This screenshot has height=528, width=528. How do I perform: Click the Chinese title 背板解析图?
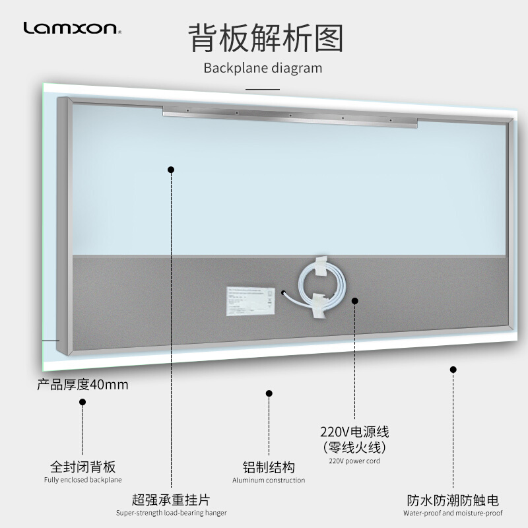point(267,38)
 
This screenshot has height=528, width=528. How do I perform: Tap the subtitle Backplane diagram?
point(263,67)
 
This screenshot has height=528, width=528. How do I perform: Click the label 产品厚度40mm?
point(82,385)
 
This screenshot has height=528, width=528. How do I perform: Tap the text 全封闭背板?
point(83,467)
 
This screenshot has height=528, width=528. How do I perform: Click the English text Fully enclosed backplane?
point(83,480)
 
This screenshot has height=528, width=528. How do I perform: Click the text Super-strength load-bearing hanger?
point(172,513)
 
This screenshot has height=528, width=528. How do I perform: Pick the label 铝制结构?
point(269,467)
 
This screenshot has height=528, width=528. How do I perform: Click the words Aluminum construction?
point(269,480)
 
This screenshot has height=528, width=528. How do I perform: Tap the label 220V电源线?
point(354,432)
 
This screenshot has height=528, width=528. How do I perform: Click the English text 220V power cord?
point(354,461)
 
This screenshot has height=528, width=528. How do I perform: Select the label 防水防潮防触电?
point(453,500)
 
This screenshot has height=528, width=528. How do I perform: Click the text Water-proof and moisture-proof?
point(453,513)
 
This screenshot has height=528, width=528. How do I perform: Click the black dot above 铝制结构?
point(269,393)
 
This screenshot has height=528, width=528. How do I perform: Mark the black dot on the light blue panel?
point(171,170)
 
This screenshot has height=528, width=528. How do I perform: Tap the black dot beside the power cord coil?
point(354,300)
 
